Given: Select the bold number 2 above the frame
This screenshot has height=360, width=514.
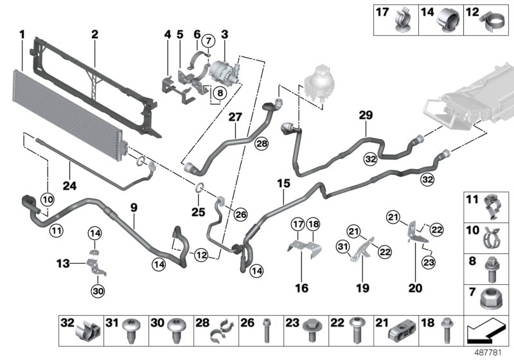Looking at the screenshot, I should tap(94, 33).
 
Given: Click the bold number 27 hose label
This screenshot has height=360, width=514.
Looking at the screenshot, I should tap(235, 118).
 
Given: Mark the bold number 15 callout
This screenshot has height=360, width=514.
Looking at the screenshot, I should tap(283, 183).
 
